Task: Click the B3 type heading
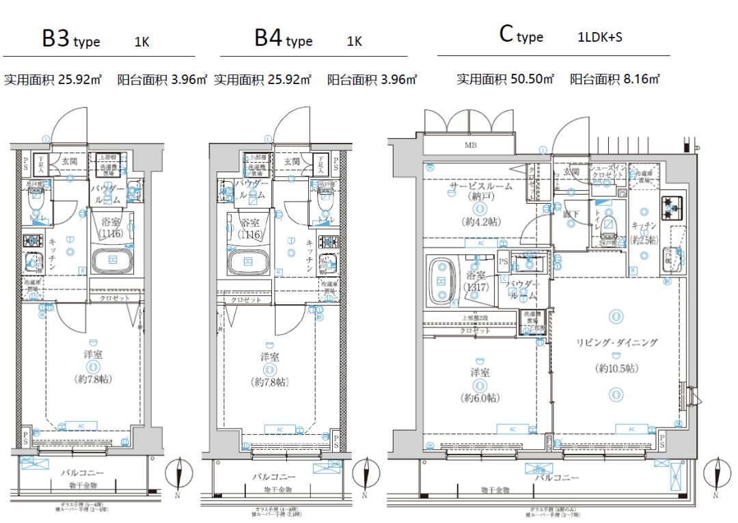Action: click(x=70, y=40)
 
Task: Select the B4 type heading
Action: click(x=283, y=39)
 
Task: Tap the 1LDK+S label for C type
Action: click(x=599, y=38)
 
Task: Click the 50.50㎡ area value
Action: click(x=532, y=79)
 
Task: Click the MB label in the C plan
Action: click(x=471, y=145)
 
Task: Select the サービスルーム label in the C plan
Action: click(x=480, y=186)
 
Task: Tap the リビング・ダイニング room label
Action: click(x=616, y=343)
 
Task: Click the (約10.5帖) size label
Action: click(x=616, y=368)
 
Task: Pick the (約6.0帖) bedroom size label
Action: click(x=479, y=398)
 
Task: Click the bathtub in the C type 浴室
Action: click(x=441, y=280)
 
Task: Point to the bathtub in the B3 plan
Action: click(x=111, y=262)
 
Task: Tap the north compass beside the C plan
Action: click(x=714, y=478)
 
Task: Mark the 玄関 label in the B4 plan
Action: click(x=292, y=161)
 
